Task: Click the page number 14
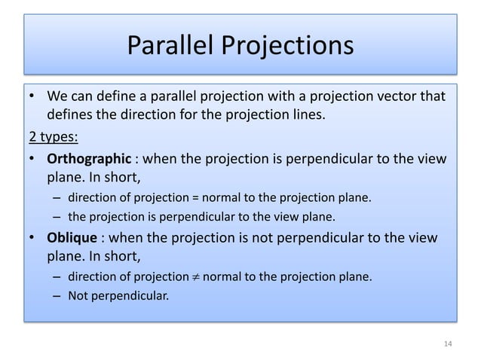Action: [x=448, y=344]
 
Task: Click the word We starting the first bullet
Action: [x=58, y=97]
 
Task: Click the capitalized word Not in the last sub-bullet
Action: [x=78, y=295]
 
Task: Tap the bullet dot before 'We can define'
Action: [x=33, y=98]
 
